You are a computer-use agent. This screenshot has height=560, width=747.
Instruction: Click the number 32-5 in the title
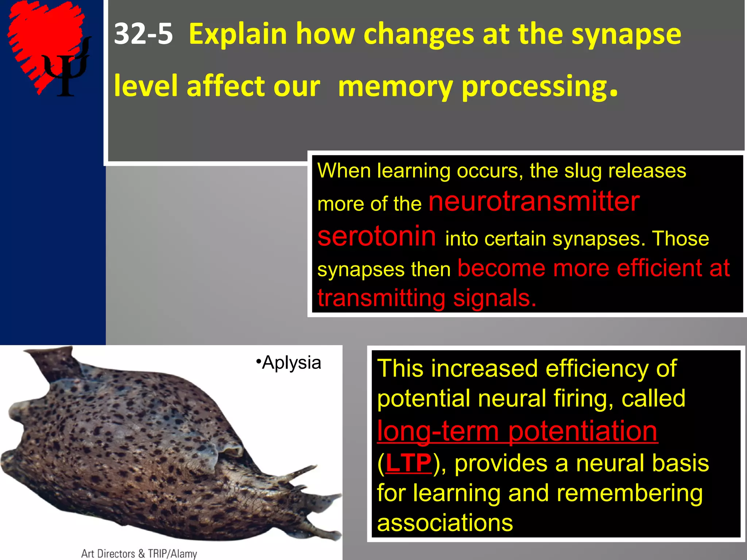(x=143, y=34)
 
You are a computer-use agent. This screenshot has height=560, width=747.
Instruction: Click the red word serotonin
(x=376, y=236)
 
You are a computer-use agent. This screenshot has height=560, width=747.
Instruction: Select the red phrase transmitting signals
(x=427, y=298)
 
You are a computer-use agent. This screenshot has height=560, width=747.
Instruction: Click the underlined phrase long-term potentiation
(x=517, y=431)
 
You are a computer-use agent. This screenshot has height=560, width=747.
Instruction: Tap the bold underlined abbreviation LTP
(x=409, y=463)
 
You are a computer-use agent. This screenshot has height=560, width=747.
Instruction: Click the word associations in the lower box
(x=445, y=523)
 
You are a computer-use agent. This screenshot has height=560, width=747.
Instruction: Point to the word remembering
(x=630, y=493)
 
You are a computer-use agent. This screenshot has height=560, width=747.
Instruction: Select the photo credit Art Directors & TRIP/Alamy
(x=139, y=553)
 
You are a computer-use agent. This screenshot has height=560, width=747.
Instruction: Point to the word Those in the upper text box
(x=681, y=239)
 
